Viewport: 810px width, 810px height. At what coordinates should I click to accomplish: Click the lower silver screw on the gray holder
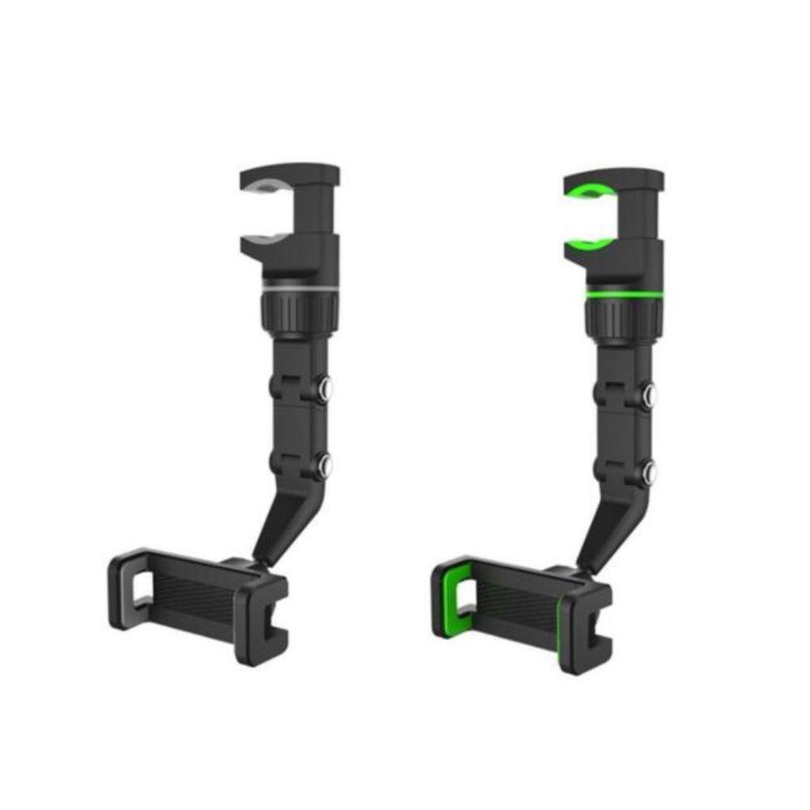[x=326, y=465]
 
